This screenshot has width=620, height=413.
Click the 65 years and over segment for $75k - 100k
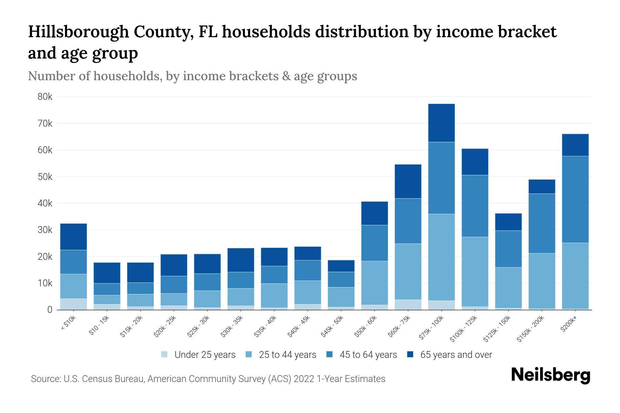point(442,123)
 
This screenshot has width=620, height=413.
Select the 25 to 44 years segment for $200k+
point(575,276)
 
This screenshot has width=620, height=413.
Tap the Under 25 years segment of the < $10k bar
point(73,304)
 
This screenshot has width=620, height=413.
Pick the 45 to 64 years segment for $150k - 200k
point(542,223)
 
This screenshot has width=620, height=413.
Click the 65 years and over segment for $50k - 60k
point(374,213)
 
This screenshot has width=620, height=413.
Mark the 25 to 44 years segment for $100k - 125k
point(475,272)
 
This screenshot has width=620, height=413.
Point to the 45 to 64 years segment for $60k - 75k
point(408,221)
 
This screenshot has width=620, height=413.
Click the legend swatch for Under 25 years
point(165,354)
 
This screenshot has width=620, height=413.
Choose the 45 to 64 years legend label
point(368,354)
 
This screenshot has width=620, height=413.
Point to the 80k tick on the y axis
point(45,97)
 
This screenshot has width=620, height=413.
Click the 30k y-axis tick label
point(45,230)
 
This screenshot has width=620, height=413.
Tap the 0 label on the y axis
point(50,310)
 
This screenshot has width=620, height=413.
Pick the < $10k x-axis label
point(69,324)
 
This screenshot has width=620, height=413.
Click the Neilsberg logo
point(550,375)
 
